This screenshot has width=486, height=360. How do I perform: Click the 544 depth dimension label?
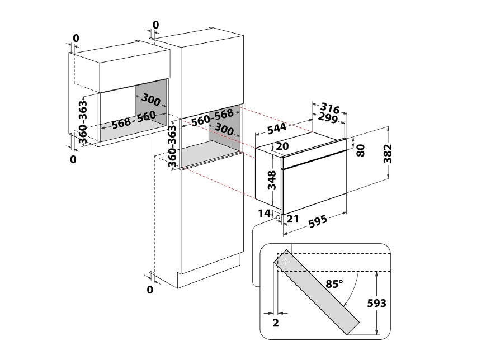click(x=276, y=129)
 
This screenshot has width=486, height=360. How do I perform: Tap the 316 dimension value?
click(x=330, y=108)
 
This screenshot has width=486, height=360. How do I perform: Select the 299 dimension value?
click(x=328, y=117)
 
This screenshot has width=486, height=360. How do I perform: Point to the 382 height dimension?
click(x=388, y=153)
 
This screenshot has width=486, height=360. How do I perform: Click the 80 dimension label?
click(x=361, y=150)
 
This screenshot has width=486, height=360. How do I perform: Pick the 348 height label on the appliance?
click(x=271, y=179)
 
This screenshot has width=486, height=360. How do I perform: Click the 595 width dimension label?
click(x=318, y=221)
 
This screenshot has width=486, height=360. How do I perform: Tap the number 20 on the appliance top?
click(x=282, y=146)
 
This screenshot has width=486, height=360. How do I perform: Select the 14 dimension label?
click(x=264, y=213)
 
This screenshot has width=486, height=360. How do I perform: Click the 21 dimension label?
click(x=292, y=219)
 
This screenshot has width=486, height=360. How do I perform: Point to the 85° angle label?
click(x=334, y=283)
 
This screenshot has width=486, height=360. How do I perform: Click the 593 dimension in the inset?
click(x=376, y=303)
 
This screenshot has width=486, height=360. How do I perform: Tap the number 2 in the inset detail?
click(x=276, y=323)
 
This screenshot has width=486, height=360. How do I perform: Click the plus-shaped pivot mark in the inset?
click(x=286, y=262)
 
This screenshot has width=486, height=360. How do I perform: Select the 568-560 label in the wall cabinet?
click(x=134, y=120)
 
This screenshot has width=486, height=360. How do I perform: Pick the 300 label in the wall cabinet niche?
click(x=150, y=100)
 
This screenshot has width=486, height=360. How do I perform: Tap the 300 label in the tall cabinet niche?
click(x=224, y=129)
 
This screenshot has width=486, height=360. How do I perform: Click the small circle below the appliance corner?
click(x=278, y=217)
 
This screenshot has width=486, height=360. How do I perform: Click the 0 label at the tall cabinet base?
click(x=150, y=290)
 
